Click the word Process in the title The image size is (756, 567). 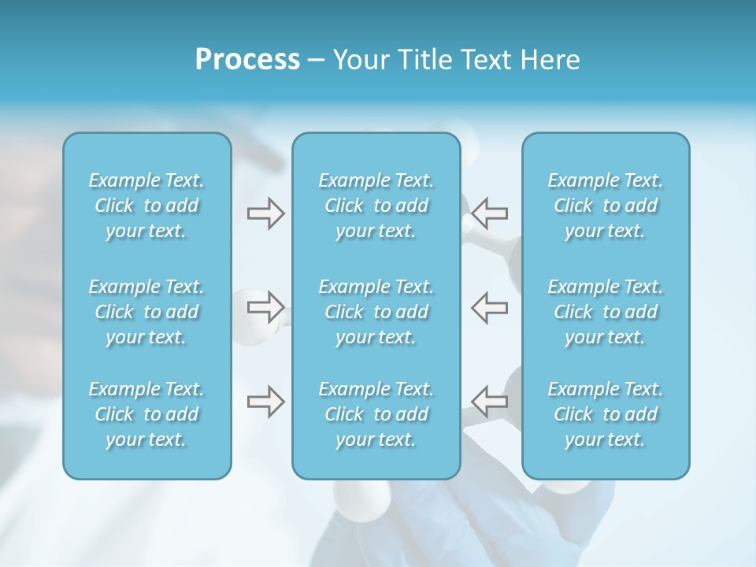(x=247, y=60)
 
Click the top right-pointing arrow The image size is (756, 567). (x=265, y=213)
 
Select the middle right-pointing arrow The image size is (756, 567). (x=265, y=307)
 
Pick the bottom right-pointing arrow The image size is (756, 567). (x=265, y=402)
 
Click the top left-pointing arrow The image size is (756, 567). (x=491, y=213)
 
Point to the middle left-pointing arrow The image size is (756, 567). (x=491, y=307)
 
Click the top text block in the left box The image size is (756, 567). (x=146, y=206)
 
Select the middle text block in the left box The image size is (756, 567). (x=146, y=312)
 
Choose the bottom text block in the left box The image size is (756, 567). (x=146, y=414)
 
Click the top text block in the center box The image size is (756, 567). (x=376, y=206)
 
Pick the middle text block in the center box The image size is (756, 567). (x=376, y=312)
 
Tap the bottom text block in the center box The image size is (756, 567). (x=376, y=414)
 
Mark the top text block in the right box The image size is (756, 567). (x=605, y=206)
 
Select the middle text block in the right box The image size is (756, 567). (x=605, y=312)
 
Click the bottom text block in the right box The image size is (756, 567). (x=605, y=414)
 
